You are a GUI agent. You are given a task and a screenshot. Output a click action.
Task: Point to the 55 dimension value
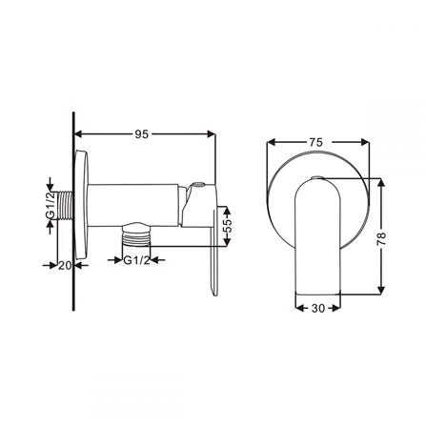227,228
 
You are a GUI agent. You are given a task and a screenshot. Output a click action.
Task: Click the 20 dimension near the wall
65,267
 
